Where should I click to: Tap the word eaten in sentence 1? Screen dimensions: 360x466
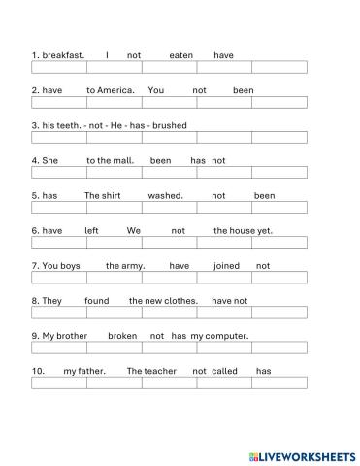pos(181,55)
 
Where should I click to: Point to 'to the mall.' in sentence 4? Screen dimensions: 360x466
pos(111,160)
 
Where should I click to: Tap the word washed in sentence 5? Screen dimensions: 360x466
pos(166,195)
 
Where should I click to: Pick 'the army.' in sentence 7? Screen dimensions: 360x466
pos(125,265)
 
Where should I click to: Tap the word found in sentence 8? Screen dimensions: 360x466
pos(97,300)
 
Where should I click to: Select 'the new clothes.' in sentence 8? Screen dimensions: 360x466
pos(163,300)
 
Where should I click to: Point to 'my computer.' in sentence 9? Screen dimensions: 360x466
pos(220,335)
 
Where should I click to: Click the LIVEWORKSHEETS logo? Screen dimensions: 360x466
pos(302,454)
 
